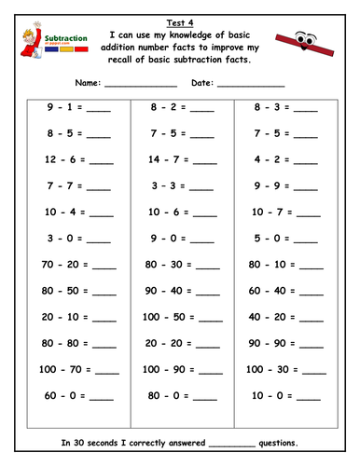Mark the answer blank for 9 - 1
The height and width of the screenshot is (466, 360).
(x=98, y=109)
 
